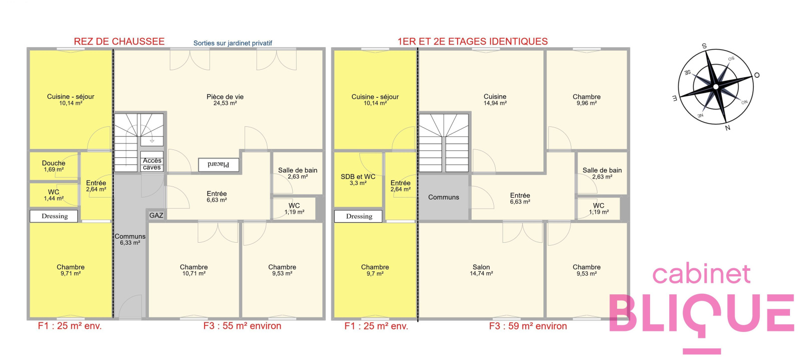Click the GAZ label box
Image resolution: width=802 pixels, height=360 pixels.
click(156, 215)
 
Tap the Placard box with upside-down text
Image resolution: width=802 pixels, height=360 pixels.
click(219, 165)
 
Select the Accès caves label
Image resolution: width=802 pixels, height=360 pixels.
click(152, 164)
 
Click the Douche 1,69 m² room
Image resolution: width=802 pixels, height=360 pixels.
click(54, 166)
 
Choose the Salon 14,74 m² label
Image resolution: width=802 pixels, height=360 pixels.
click(481, 270)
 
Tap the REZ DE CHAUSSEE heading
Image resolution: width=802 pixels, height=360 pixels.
click(119, 42)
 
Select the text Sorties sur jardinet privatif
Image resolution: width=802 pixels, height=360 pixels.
click(233, 43)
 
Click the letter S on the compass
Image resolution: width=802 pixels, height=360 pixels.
click(704, 46)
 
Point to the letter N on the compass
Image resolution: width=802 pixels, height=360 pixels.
click(727, 128)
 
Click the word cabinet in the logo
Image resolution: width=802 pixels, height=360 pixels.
click(701, 275)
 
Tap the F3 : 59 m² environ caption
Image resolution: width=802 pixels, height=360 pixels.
click(528, 326)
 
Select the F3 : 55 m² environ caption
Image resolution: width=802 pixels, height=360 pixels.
click(242, 326)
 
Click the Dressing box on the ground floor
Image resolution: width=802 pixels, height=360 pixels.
click(54, 216)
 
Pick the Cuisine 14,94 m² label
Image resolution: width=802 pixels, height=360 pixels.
click(495, 100)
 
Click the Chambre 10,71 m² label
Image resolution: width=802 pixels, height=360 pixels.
click(193, 270)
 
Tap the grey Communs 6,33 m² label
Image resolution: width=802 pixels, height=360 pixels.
click(130, 240)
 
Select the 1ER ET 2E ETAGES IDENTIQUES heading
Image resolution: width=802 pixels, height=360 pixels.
click(473, 42)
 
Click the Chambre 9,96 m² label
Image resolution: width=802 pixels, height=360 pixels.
click(586, 100)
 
